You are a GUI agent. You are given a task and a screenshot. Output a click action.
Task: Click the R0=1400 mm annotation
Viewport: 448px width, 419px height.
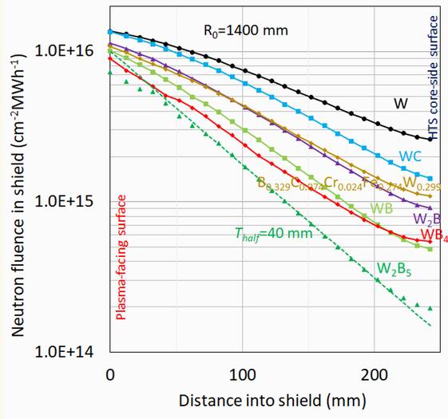[243, 32]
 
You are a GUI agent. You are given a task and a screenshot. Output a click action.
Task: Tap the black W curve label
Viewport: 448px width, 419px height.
[401, 103]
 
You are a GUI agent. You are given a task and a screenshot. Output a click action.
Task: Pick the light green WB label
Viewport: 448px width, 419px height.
[380, 208]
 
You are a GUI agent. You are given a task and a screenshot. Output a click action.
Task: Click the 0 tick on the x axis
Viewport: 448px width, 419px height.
[109, 372]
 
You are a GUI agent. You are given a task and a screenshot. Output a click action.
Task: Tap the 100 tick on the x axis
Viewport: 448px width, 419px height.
[241, 372]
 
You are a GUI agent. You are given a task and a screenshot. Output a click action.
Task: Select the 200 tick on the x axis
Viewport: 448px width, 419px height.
[373, 372]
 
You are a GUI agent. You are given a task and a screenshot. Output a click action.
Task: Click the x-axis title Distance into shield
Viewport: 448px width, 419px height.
[274, 399]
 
